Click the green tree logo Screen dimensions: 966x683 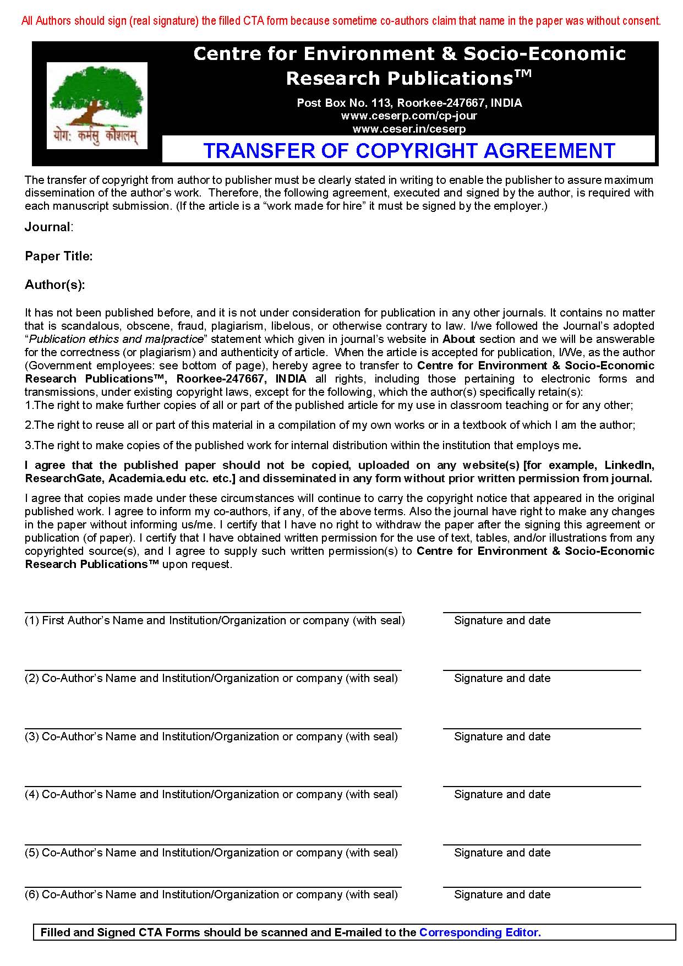click(x=97, y=96)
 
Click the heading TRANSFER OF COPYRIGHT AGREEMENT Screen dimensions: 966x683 click(x=408, y=150)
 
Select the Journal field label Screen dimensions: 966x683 click(x=48, y=227)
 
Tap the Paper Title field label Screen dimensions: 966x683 click(x=58, y=256)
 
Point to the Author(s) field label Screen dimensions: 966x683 click(x=54, y=285)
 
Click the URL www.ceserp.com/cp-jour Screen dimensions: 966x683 click(x=409, y=116)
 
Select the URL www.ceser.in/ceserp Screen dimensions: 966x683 click(x=409, y=129)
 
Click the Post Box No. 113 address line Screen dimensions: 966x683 click(x=409, y=102)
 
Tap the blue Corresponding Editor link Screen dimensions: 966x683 click(x=480, y=932)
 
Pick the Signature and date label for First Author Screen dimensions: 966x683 click(x=502, y=620)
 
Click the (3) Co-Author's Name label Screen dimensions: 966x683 click(x=211, y=736)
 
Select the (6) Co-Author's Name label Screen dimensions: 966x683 click(x=211, y=894)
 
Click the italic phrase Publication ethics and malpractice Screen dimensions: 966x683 click(x=116, y=339)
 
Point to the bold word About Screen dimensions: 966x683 click(x=458, y=339)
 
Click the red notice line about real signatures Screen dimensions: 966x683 click(x=341, y=21)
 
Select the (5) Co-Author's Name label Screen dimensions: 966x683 click(x=211, y=853)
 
